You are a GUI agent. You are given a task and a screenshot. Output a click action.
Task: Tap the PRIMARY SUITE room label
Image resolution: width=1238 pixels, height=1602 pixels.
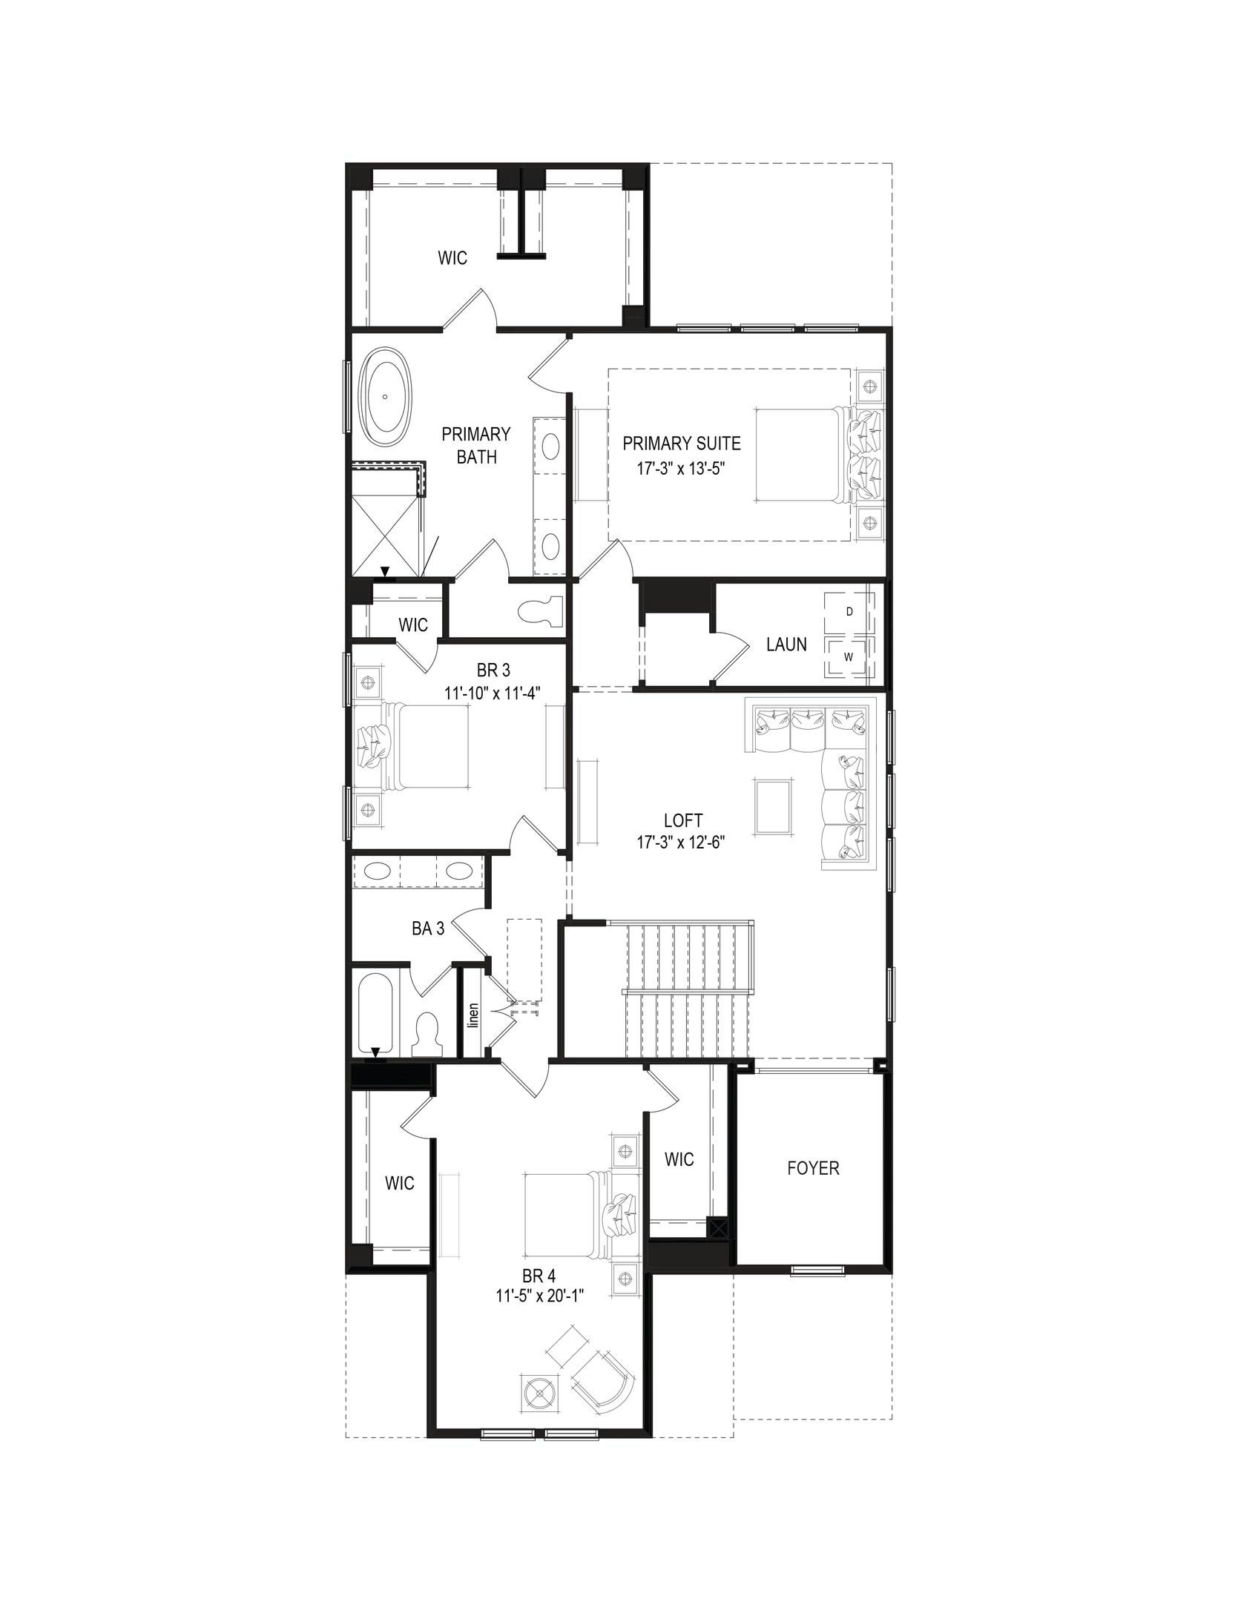(681, 444)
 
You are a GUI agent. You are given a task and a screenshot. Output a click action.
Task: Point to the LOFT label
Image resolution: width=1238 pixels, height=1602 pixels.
(683, 821)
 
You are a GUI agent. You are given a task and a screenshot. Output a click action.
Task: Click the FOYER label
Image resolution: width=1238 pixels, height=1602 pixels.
(813, 1168)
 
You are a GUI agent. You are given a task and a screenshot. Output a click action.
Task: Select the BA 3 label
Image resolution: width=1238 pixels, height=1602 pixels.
(428, 928)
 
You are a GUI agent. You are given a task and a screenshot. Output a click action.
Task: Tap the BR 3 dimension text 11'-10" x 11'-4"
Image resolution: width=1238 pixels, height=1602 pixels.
(492, 692)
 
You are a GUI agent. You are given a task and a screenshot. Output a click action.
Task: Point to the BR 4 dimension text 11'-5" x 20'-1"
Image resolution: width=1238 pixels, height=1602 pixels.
(541, 1296)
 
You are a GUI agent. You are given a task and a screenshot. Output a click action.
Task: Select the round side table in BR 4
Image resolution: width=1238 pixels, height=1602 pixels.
(541, 1374)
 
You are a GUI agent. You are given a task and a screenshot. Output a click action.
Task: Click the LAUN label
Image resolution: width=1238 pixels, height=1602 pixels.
(786, 645)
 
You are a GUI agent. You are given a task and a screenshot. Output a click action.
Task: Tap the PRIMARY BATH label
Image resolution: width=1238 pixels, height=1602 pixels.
(476, 445)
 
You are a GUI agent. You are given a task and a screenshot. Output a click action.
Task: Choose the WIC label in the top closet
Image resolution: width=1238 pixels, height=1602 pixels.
(452, 257)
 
